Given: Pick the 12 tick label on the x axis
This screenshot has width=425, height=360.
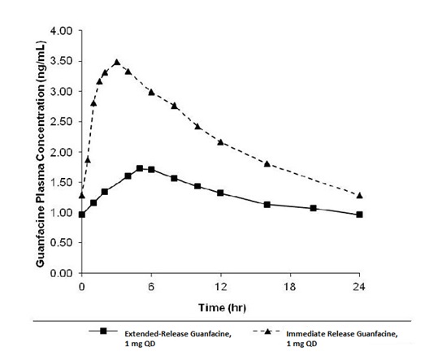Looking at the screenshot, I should [220, 287].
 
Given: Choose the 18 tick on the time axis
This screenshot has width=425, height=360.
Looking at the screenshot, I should [290, 287].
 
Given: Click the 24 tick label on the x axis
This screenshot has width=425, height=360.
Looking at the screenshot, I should [359, 287].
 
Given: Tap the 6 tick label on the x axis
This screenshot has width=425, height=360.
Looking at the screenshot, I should [151, 287].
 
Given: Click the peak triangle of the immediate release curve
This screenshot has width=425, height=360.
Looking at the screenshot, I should [116, 63].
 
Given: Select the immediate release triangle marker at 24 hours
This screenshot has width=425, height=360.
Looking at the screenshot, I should [359, 195].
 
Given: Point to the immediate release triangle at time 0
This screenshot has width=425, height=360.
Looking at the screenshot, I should [81, 195].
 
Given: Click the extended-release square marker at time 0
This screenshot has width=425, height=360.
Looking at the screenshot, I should [81, 215].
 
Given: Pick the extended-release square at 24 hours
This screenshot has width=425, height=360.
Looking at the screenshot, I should [359, 215].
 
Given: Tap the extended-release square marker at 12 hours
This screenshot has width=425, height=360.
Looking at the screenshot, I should [220, 193].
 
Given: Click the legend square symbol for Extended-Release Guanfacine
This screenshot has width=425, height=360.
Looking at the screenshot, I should [103, 332].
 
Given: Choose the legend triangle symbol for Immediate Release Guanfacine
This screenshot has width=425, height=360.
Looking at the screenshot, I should [267, 332].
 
